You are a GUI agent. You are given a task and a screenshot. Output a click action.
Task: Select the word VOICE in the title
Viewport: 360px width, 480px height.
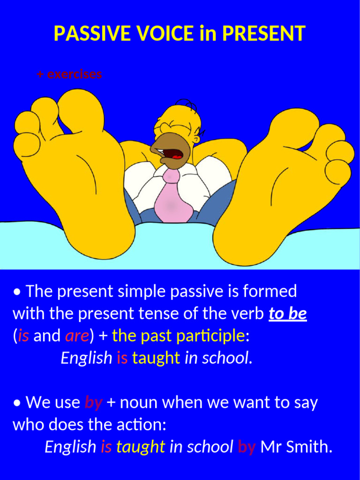point(163,33)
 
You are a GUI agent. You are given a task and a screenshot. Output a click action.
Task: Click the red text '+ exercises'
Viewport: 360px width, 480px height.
point(69,74)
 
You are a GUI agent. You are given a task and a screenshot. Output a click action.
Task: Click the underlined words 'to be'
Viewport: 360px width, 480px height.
point(288,314)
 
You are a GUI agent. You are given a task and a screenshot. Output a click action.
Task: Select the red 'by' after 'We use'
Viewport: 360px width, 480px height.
point(94,402)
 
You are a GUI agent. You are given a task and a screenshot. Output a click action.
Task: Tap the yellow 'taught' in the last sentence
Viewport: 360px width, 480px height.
point(141,447)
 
